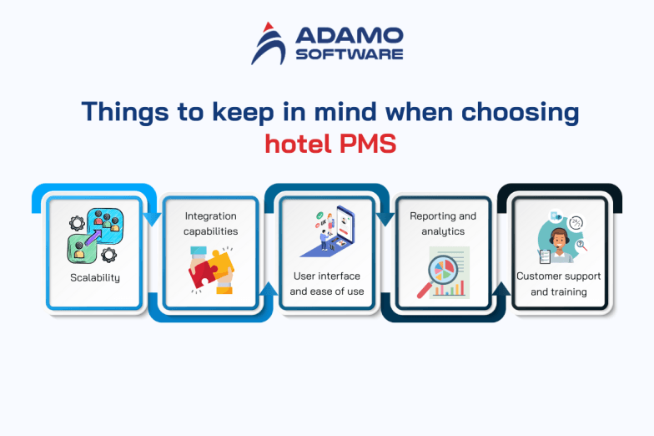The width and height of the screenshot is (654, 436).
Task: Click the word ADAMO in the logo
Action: [x=348, y=37]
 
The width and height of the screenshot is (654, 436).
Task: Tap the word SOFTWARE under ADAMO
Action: [x=348, y=54]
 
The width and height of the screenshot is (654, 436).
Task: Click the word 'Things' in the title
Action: [x=123, y=112]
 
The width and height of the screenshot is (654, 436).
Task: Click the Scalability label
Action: [x=94, y=277]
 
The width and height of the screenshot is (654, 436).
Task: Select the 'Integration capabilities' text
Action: [x=210, y=224]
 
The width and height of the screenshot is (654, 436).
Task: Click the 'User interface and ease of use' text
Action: [x=326, y=283]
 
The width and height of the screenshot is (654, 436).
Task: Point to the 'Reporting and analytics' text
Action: [x=443, y=224]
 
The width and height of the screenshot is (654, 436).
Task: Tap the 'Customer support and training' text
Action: [x=559, y=283]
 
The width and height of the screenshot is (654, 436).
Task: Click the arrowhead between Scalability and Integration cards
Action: [x=152, y=220]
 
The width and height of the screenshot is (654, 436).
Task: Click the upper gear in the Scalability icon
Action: [x=78, y=224]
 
